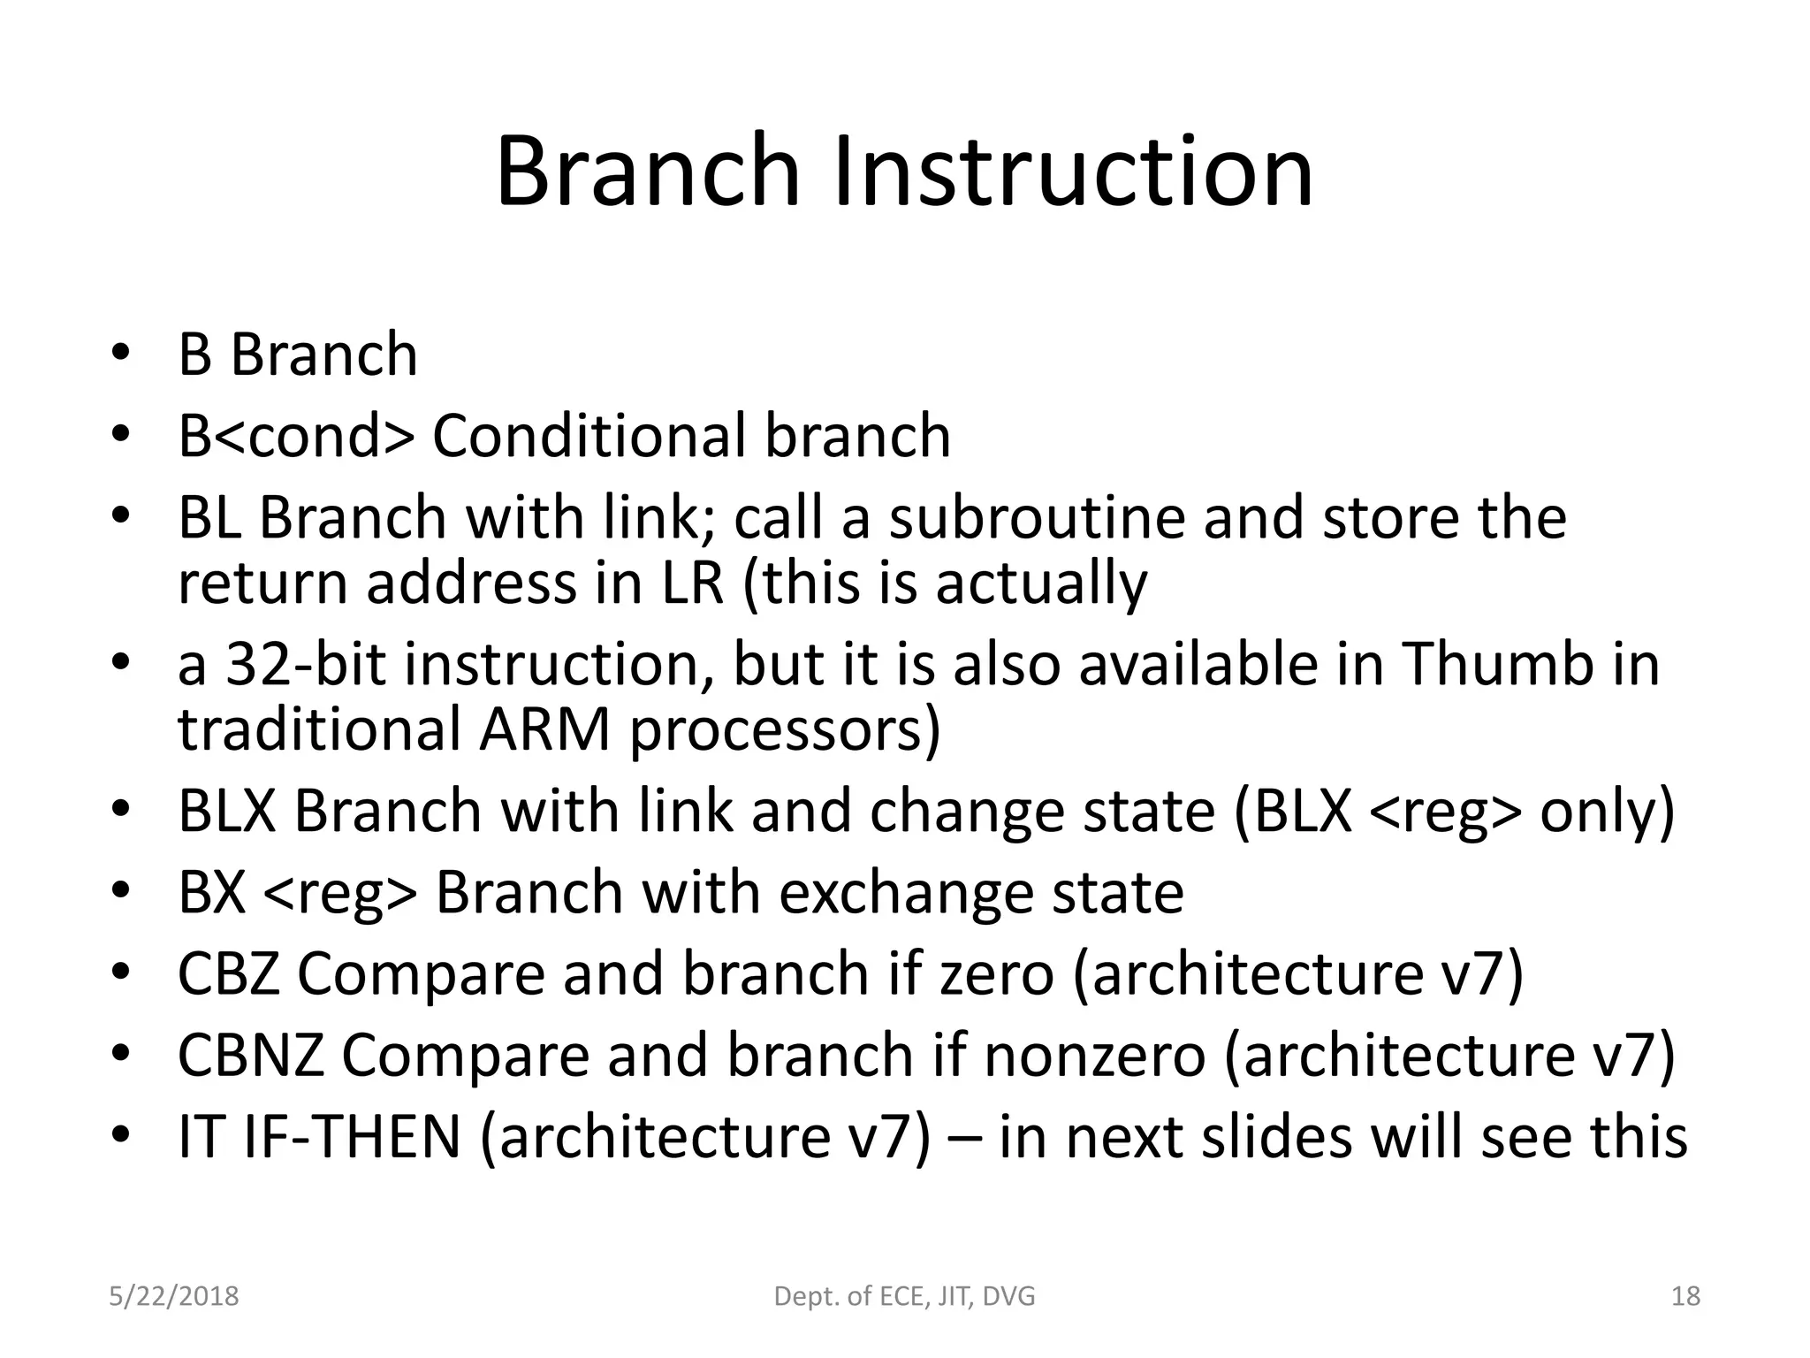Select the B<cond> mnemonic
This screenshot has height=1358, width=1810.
pyautogui.click(x=295, y=436)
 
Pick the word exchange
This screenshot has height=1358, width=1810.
pyautogui.click(x=906, y=892)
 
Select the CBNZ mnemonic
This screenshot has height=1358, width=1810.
pyautogui.click(x=251, y=1055)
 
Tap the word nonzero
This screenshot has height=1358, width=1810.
pyautogui.click(x=1094, y=1055)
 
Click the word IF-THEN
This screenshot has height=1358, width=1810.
pyautogui.click(x=351, y=1136)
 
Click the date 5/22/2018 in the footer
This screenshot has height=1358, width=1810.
pyautogui.click(x=173, y=1297)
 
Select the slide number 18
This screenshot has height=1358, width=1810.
pyautogui.click(x=1685, y=1297)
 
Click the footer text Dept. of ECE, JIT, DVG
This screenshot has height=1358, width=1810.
pyautogui.click(x=904, y=1297)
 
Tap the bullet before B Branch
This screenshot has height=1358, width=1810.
pyautogui.click(x=122, y=355)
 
